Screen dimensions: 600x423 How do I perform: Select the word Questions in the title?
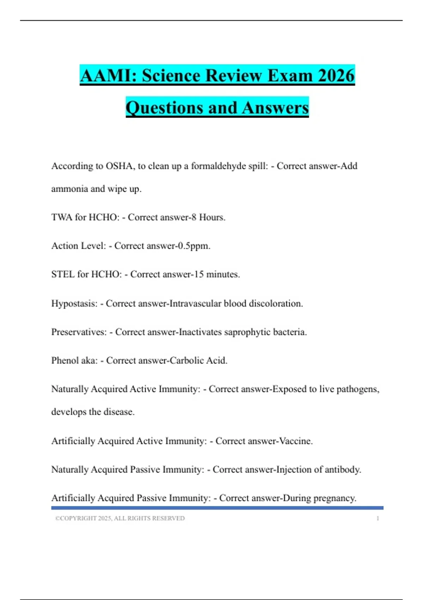tap(164, 108)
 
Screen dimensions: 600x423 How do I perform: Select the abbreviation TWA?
tap(62, 217)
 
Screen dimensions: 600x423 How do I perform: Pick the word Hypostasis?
tap(74, 304)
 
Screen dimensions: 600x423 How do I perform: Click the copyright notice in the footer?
tap(120, 518)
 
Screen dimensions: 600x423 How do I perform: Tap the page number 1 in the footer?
tap(378, 518)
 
